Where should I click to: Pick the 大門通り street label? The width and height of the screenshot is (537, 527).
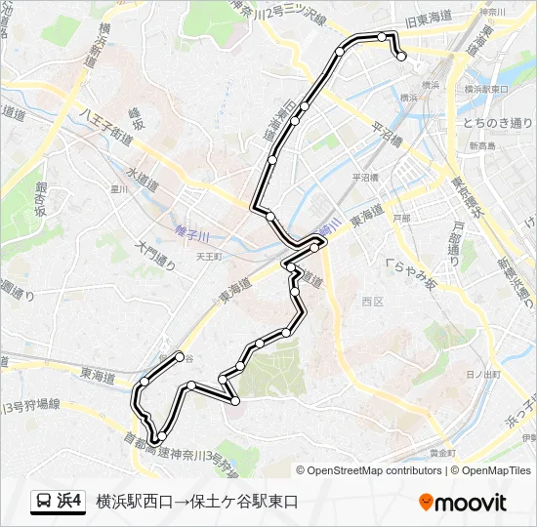coord(156,256)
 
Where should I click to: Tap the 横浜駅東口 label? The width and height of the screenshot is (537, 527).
coord(485,89)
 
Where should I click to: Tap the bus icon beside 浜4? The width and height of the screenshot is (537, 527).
coord(44,502)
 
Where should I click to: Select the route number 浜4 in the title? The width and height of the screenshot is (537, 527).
coord(70,502)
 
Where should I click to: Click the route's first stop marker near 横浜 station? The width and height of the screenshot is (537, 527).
coord(401,57)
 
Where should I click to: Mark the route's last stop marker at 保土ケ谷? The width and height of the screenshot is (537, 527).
coord(180,356)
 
